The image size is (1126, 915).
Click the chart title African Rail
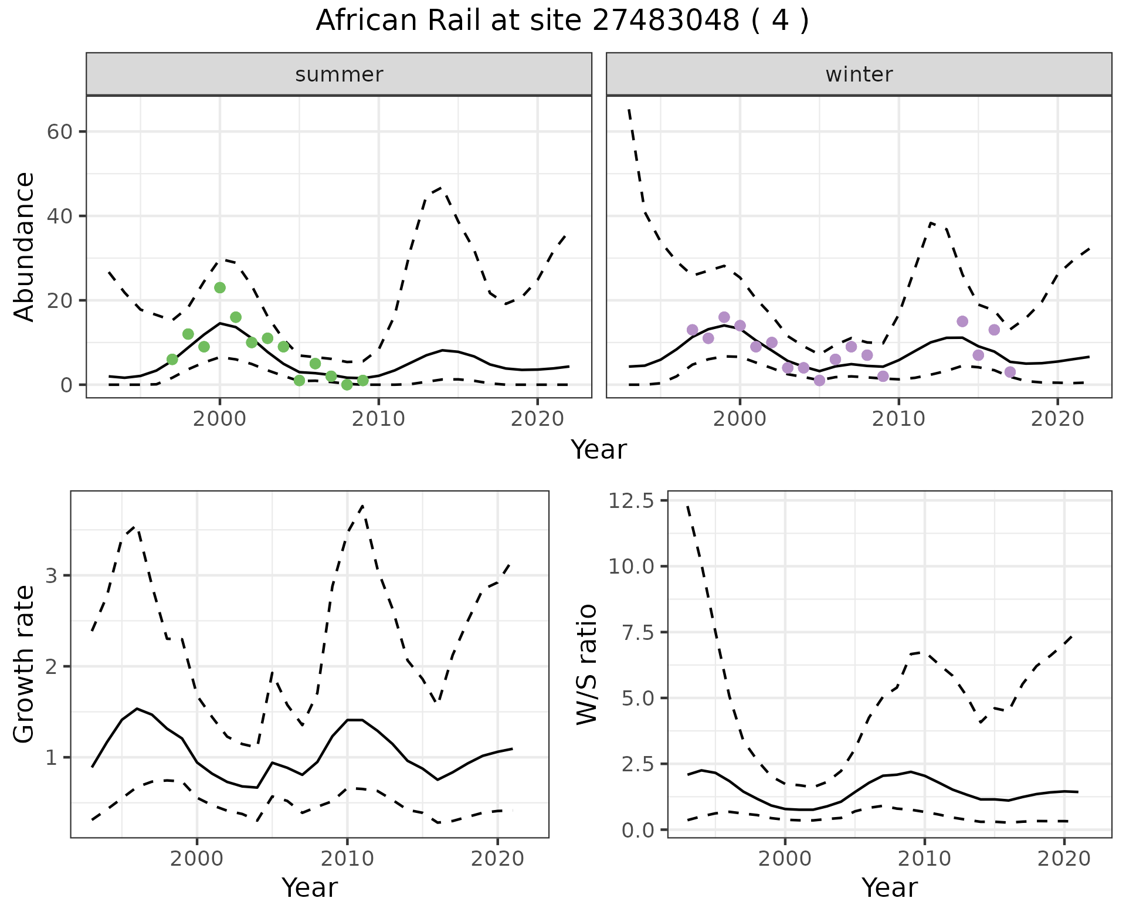562,21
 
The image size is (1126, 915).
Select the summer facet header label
339,74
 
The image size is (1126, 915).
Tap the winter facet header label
859,74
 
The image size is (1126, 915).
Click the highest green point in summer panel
220,287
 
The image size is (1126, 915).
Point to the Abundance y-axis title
25,247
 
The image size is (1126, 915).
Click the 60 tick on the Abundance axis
59,131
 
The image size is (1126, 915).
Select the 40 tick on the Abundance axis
59,216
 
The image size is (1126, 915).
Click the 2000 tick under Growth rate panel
197,859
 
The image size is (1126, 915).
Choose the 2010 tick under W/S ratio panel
924,859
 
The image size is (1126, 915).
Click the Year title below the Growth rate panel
310,888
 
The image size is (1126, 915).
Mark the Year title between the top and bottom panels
599,450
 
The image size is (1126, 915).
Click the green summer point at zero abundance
347,385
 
